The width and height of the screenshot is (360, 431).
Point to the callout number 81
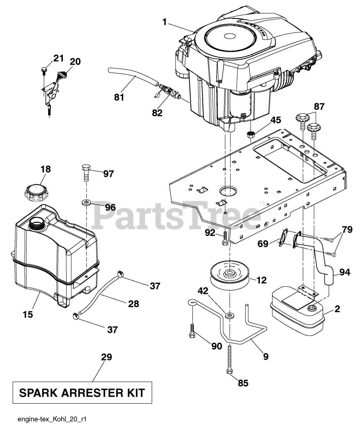pos(119,97)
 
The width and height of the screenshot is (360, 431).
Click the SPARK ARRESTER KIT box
pos(82,392)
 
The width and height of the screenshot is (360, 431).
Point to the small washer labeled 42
pos(230,315)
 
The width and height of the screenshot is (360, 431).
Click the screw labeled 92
pos(225,239)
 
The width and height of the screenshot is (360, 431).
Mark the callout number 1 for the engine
pos(165,22)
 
